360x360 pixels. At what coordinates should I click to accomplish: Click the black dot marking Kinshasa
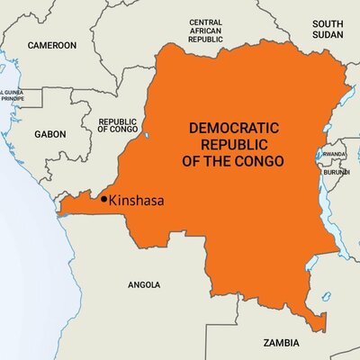pyautogui.click(x=104, y=198)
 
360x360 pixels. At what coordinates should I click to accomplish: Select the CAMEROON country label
pyautogui.click(x=52, y=44)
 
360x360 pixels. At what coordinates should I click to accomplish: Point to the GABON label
pyautogui.click(x=50, y=133)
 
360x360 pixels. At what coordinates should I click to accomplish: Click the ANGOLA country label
pyautogui.click(x=144, y=284)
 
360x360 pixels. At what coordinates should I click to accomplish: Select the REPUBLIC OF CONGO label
pyautogui.click(x=118, y=125)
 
